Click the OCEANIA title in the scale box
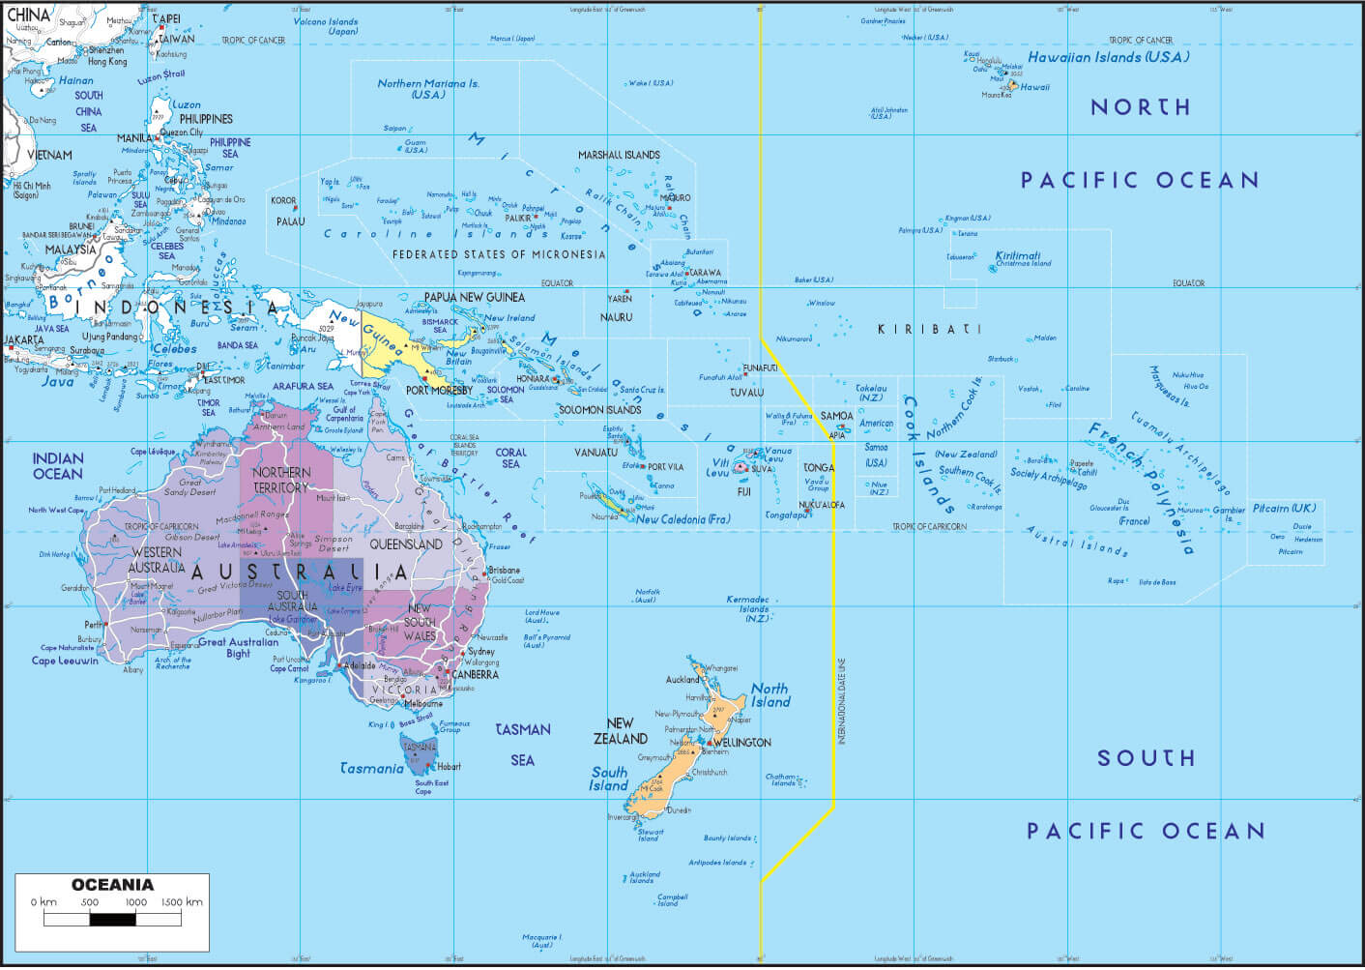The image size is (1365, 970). click(112, 885)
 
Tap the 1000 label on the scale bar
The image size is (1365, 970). click(135, 902)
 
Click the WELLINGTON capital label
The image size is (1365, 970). click(741, 743)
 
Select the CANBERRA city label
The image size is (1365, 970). click(475, 674)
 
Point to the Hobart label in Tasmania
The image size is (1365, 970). click(449, 767)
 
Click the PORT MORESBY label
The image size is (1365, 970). click(439, 391)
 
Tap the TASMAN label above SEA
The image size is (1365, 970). click(523, 730)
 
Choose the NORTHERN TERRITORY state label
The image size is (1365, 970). click(281, 480)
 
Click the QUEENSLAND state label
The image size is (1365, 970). click(406, 544)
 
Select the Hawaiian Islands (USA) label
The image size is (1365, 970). click(1108, 57)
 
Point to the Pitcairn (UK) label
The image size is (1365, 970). click(1284, 509)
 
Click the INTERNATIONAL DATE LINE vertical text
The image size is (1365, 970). click(841, 701)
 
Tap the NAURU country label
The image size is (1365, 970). click(616, 317)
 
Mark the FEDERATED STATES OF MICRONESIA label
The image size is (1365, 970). click(499, 254)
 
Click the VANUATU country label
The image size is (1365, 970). click(595, 453)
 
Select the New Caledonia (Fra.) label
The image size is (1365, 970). click(682, 519)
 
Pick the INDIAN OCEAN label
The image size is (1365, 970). click(58, 466)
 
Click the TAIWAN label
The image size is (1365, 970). click(176, 40)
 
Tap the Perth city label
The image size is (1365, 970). click(94, 625)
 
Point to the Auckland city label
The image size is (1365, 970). click(682, 680)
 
